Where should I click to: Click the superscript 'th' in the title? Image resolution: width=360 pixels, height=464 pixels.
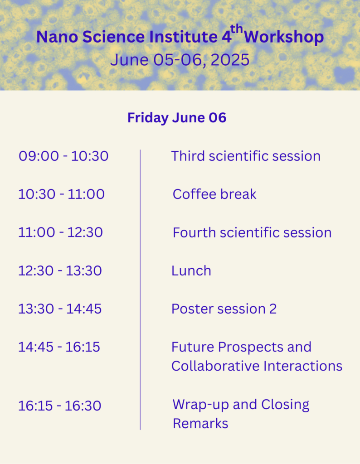(x=237, y=29)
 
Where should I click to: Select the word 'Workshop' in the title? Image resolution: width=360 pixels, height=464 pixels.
(x=284, y=37)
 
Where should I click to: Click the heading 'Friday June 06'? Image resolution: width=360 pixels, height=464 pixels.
(x=177, y=118)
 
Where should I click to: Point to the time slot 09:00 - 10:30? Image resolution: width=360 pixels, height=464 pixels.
(x=63, y=156)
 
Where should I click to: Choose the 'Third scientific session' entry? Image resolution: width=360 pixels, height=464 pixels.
(x=246, y=156)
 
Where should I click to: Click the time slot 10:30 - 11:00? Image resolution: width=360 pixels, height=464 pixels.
(x=61, y=194)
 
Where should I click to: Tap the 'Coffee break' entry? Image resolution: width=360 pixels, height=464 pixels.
(x=214, y=194)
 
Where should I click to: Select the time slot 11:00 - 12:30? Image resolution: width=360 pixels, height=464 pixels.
(x=60, y=232)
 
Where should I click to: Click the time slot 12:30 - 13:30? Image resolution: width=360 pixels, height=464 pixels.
(x=60, y=271)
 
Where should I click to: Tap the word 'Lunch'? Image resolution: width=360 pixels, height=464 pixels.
(x=191, y=271)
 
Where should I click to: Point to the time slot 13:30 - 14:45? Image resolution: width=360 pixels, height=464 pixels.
(x=60, y=309)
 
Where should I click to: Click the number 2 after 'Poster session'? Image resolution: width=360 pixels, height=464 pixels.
(x=273, y=309)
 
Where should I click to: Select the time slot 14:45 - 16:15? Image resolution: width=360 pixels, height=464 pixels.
(x=59, y=347)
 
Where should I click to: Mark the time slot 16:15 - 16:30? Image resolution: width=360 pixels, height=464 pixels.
(x=59, y=406)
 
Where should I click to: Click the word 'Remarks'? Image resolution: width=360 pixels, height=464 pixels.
(x=200, y=424)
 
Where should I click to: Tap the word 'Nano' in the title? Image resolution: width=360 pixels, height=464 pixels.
(x=57, y=37)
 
